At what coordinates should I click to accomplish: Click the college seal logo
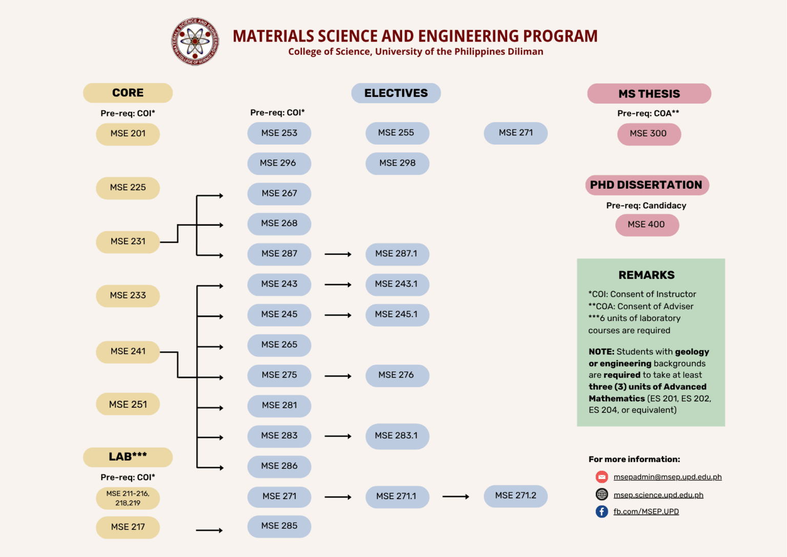195,42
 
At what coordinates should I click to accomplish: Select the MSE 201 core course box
128,134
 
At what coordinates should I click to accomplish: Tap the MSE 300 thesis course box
649,134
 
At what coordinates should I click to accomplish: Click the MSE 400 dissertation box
647,225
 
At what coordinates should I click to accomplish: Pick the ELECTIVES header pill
396,93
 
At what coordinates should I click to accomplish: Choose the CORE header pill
128,93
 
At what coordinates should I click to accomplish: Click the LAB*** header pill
128,457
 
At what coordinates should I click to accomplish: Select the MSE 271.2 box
515,496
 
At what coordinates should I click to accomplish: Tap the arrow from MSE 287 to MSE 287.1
338,254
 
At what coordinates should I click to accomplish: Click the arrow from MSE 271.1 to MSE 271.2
455,496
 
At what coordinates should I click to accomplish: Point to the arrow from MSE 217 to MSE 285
209,530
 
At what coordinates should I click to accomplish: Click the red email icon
602,477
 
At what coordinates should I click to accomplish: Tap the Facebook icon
602,511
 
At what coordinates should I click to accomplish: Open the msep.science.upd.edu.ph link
658,495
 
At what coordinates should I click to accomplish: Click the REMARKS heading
647,275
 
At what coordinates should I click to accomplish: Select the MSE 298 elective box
397,163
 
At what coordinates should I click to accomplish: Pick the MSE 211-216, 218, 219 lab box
128,498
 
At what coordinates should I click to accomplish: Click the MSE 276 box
397,375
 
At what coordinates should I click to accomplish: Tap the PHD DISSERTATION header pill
647,185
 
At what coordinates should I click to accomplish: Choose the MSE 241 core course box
128,351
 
